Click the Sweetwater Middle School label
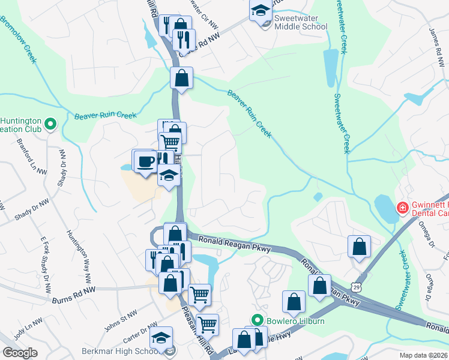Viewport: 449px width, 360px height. [x=300, y=22]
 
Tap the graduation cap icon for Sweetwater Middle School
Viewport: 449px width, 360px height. [x=260, y=10]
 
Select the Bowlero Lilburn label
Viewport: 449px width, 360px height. [x=296, y=321]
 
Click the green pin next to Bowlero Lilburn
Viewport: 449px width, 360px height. [x=258, y=321]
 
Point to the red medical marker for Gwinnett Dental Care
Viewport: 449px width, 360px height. [x=402, y=209]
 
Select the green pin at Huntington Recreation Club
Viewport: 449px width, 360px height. [x=50, y=124]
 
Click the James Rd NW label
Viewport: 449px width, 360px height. [x=437, y=43]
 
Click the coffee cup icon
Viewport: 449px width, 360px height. [x=145, y=161]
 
